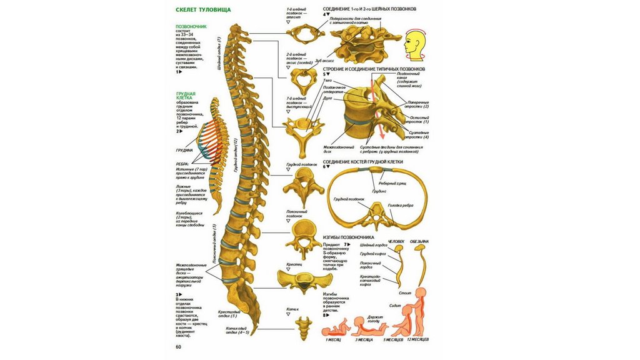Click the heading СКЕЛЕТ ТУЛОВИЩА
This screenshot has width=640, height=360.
[203, 10]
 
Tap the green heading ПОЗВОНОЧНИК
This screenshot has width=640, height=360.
[191, 27]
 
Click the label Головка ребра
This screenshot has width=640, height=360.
[401, 206]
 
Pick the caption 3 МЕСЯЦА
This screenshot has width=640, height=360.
[364, 339]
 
